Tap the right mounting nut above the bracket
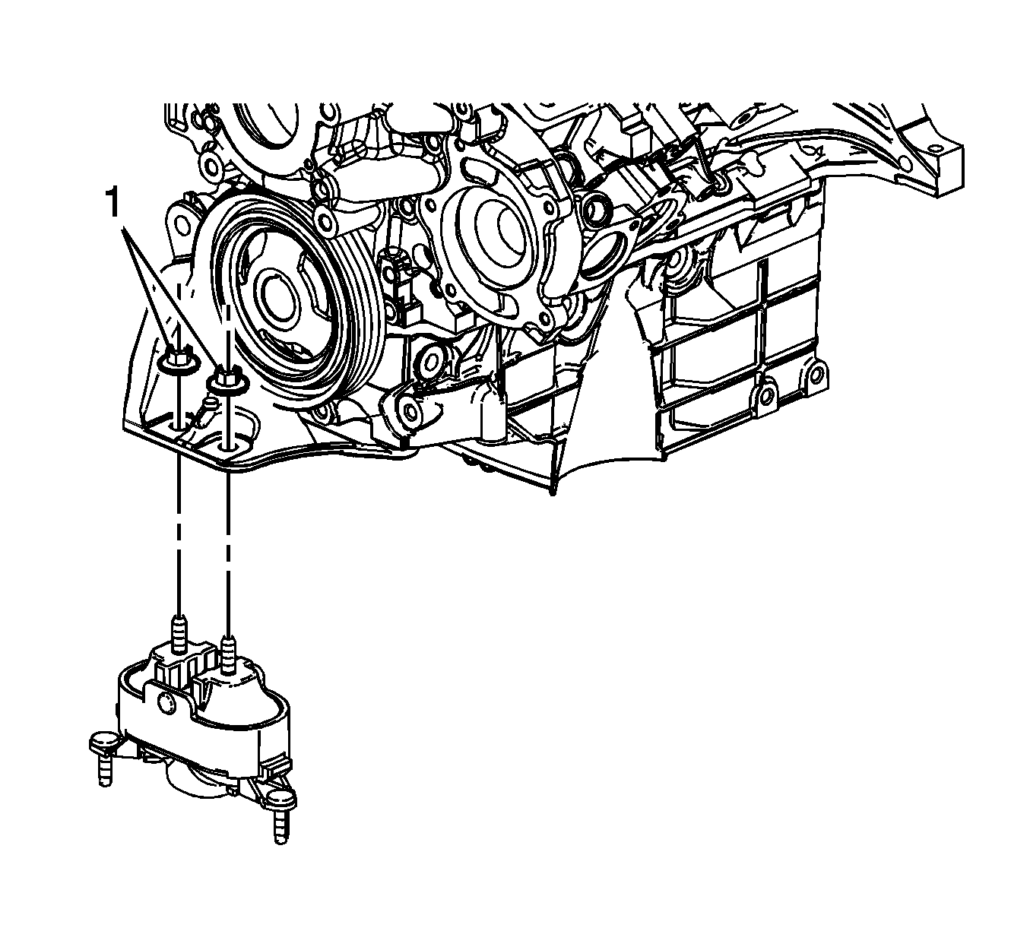click(x=227, y=379)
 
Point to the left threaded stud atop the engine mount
click(x=178, y=636)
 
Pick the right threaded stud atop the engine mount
click(x=227, y=656)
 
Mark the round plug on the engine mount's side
click(x=166, y=702)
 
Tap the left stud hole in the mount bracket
click(x=177, y=426)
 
